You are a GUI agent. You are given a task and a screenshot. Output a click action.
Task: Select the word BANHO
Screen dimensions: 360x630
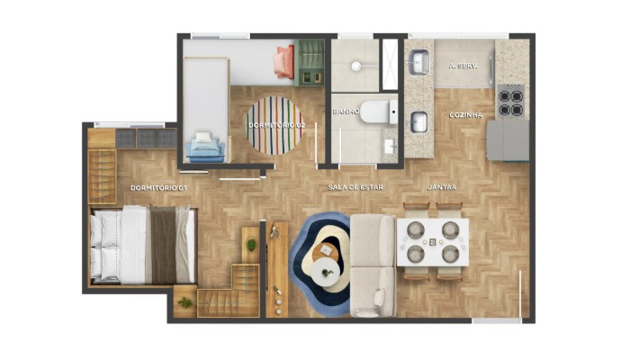[x=346, y=112]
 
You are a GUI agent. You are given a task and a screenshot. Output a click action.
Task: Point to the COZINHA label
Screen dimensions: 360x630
[x=466, y=115]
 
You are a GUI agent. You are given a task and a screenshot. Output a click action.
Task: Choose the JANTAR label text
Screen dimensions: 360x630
[x=442, y=187]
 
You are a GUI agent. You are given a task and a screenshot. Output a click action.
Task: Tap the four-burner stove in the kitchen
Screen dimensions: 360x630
[x=511, y=101]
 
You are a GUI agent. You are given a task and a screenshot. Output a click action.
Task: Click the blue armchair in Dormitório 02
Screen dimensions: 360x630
[x=205, y=147]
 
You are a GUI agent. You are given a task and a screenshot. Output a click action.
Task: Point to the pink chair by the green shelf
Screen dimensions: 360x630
[x=284, y=62]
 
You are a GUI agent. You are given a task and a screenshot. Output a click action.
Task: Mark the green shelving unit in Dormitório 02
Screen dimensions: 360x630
[x=311, y=61]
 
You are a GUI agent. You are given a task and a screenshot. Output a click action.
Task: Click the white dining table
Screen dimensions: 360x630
[x=433, y=242]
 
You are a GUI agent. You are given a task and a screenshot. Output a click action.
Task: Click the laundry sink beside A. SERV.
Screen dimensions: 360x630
[x=419, y=62]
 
